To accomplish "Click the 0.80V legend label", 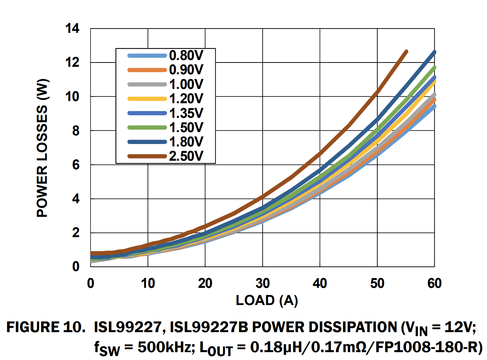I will pos(186,55).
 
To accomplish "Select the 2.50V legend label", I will pos(186,156).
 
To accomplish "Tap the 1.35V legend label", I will pos(186,113).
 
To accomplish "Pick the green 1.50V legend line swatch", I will pos(147,127).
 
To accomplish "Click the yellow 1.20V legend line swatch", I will pos(147,99).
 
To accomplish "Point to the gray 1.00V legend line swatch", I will pos(147,84).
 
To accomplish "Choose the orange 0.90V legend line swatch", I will pos(147,70).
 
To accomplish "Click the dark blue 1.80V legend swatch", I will pos(147,142).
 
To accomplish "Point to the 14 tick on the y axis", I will pos(72,28).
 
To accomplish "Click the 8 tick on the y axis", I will pos(75,131).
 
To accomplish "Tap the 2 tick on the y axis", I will pos(75,233).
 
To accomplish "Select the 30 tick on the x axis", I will pos(263,283).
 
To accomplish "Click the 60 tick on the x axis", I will pos(434,283).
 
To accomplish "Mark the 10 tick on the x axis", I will pos(148,283).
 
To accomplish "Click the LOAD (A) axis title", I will pos(267,300).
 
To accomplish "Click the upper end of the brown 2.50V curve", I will pos(406,52).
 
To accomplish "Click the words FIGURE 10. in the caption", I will pos(46,327).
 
